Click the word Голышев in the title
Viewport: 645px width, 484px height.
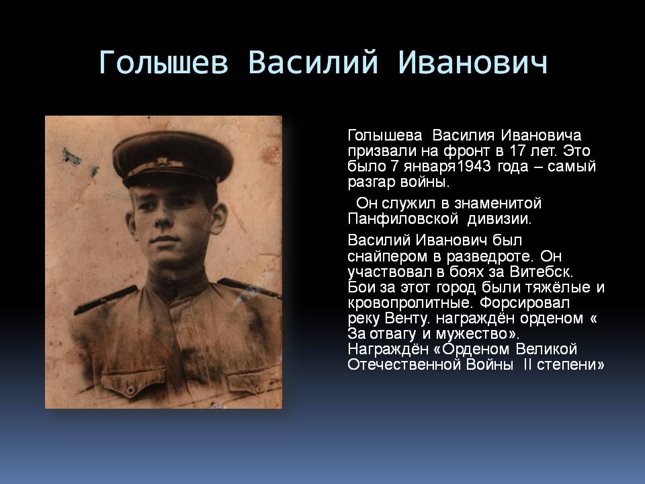pos(163,63)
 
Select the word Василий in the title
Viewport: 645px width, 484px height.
pos(313,62)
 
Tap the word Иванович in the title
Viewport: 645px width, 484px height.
pos(472,63)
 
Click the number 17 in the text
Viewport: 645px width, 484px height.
pos(517,151)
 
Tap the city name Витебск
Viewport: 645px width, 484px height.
pos(540,272)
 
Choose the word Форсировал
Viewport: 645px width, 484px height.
pos(525,303)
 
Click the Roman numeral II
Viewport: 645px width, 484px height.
pos(528,364)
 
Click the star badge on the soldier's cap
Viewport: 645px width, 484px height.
pos(161,161)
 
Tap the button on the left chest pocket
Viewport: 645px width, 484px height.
pos(131,389)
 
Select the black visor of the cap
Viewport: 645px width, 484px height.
pos(173,177)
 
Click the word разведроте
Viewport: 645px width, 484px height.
pos(490,257)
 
